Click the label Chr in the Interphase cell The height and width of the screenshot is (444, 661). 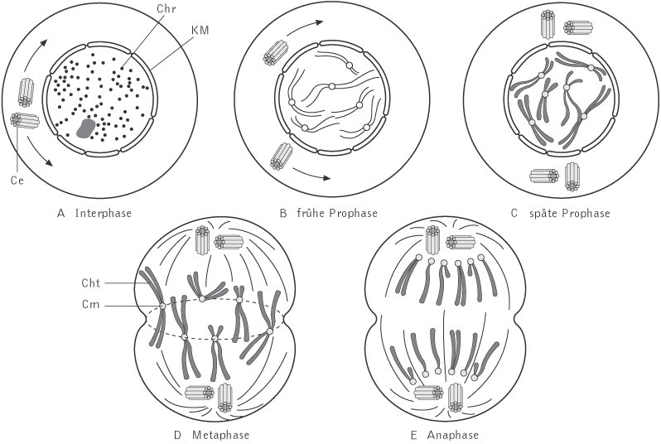pos(166,9)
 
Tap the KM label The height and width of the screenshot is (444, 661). pos(200,31)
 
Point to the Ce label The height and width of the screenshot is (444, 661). pos(17,180)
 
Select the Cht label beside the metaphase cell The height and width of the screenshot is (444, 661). pos(91,283)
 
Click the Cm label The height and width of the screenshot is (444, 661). pos(91,305)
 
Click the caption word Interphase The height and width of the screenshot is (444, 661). pos(104,213)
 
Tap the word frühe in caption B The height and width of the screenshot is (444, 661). pos(311,213)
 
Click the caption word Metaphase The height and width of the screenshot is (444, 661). pos(220,435)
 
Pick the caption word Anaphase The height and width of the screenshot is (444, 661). pos(453,435)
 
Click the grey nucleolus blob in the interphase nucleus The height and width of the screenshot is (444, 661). pos(86,128)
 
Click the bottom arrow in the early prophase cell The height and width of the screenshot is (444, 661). pos(311,174)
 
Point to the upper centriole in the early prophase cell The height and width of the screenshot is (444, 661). pos(275,53)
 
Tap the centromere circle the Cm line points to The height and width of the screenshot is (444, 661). pos(162,306)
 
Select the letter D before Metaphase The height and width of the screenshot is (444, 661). pos(177,435)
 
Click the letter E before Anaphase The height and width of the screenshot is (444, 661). pos(413,435)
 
